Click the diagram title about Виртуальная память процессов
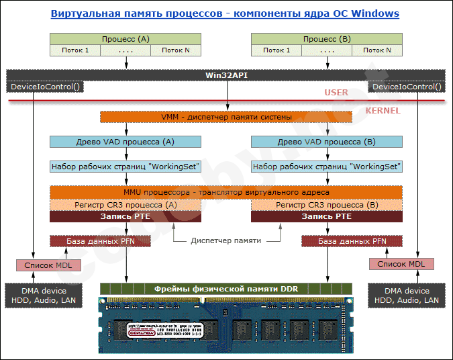point(225,13)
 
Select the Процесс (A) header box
point(125,40)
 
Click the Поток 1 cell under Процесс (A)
point(75,50)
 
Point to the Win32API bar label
point(226,75)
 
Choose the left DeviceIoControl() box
point(43,87)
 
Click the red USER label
point(336,93)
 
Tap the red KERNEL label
point(383,110)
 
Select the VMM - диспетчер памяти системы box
point(226,117)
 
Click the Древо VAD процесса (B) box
point(327,142)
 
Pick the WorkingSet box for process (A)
point(125,167)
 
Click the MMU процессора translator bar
point(226,192)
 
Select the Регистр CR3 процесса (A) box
point(125,204)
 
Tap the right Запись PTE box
point(327,216)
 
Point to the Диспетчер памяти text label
point(226,241)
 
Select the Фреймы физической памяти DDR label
point(226,289)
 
